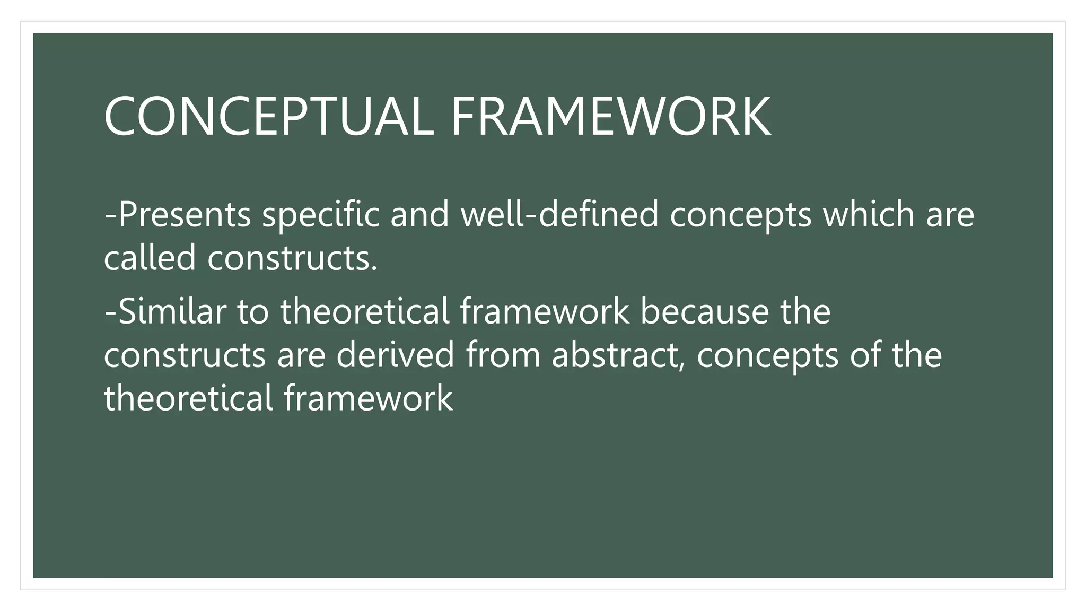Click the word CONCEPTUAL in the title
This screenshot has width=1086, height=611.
click(269, 117)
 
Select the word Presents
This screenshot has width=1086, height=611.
click(184, 215)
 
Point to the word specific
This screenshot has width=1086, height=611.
click(321, 215)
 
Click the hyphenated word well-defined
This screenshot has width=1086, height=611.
click(559, 215)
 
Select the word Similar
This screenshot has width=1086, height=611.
click(172, 311)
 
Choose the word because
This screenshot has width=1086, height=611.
click(704, 311)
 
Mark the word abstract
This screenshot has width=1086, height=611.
click(615, 355)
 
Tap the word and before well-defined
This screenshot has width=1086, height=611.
click(420, 215)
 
